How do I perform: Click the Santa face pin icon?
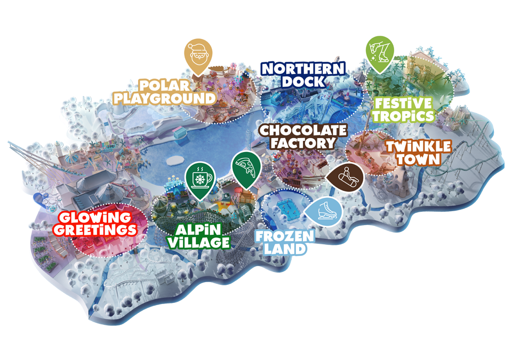[x=198, y=54]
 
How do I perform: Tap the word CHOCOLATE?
[x=303, y=130]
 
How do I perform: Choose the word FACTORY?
[x=303, y=143]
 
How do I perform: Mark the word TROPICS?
[x=402, y=115]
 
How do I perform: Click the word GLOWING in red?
[x=95, y=217]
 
